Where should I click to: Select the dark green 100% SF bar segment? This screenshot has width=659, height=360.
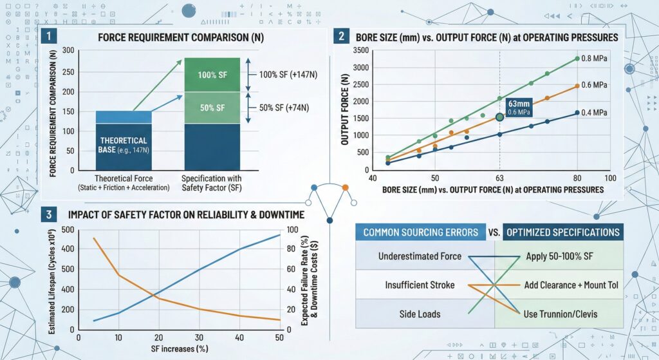pyautogui.click(x=212, y=75)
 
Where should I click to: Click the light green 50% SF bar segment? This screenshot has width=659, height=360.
pyautogui.click(x=212, y=108)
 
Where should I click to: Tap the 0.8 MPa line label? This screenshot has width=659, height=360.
pyautogui.click(x=595, y=59)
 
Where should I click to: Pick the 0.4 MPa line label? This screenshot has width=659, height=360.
pyautogui.click(x=595, y=113)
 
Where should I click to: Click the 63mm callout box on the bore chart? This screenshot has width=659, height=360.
pyautogui.click(x=519, y=107)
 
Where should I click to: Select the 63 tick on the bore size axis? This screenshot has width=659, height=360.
pyautogui.click(x=499, y=178)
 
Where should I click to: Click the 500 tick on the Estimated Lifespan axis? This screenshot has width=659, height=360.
pyautogui.click(x=67, y=230)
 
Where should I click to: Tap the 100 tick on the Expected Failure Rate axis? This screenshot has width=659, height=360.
pyautogui.click(x=293, y=230)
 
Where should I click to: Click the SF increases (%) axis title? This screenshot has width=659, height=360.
pyautogui.click(x=179, y=348)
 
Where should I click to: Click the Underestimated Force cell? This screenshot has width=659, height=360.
pyautogui.click(x=420, y=256)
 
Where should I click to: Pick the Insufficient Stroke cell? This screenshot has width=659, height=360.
pyautogui.click(x=419, y=285)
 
